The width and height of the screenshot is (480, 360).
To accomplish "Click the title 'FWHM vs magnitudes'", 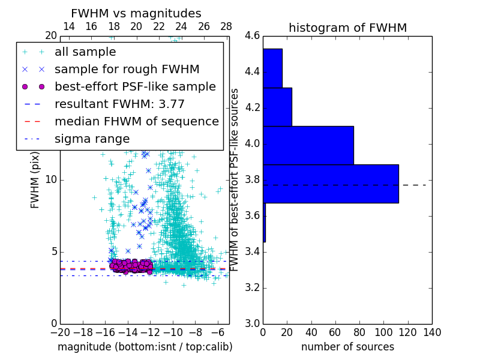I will pyautogui.click(x=136, y=13).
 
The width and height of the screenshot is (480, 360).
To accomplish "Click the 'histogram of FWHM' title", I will pyautogui.click(x=347, y=28).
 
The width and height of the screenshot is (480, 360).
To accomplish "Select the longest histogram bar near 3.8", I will pyautogui.click(x=331, y=184).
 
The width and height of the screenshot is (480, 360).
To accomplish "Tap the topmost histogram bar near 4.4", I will pyautogui.click(x=272, y=68).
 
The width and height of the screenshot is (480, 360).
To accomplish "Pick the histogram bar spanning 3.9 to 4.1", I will pyautogui.click(x=308, y=145).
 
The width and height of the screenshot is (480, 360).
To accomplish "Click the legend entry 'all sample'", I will pyautogui.click(x=85, y=52).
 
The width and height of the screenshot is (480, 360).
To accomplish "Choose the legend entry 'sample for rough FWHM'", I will pyautogui.click(x=127, y=69).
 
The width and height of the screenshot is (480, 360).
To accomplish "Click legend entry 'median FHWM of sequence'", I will pyautogui.click(x=136, y=121).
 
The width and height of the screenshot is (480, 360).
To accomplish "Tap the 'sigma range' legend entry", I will pyautogui.click(x=92, y=139).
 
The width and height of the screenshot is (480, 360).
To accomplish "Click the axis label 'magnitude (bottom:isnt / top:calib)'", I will pyautogui.click(x=145, y=347).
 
